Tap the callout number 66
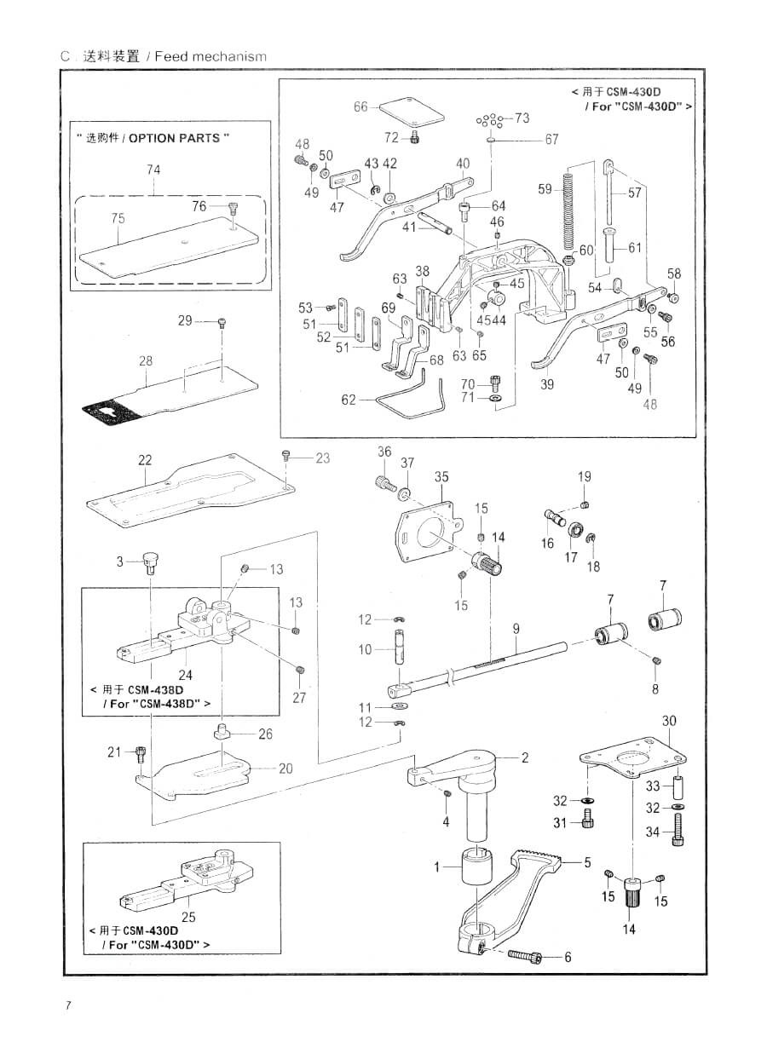tap(360, 107)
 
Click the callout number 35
tap(441, 478)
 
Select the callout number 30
tap(669, 722)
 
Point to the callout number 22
tap(145, 460)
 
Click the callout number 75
tap(118, 219)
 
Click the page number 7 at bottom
tap(67, 1005)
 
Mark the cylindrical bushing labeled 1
tap(476, 869)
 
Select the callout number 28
tap(146, 361)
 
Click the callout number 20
tap(285, 769)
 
